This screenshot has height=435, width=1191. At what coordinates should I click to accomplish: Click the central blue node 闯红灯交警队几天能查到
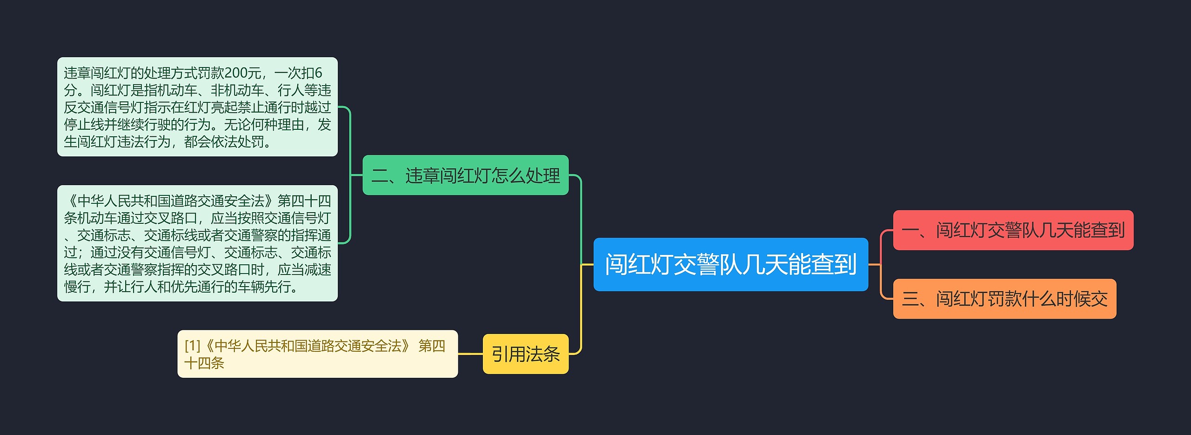[x=730, y=264]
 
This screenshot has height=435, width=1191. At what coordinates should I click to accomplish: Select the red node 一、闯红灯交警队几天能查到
[x=1013, y=230]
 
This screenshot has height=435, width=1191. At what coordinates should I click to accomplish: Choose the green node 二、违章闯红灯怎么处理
[x=465, y=175]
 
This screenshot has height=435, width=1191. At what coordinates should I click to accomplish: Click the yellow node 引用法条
[x=525, y=354]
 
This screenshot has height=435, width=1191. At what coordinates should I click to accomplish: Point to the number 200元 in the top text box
[x=242, y=73]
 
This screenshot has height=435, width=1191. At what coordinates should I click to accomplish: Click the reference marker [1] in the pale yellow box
[x=192, y=346]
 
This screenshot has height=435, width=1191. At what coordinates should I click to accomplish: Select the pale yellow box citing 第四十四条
[x=317, y=354]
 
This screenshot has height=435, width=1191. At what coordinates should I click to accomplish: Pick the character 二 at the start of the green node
[x=380, y=176]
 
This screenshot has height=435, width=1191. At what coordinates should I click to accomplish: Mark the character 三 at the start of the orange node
[x=910, y=299]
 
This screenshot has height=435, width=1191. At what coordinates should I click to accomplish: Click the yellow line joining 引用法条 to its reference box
[x=470, y=354]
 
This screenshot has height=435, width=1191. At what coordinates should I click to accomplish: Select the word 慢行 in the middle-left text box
[x=77, y=287]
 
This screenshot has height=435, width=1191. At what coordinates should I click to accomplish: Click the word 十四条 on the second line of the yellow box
[x=204, y=363]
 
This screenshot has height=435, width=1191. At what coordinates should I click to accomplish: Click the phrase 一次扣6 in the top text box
[x=298, y=73]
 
